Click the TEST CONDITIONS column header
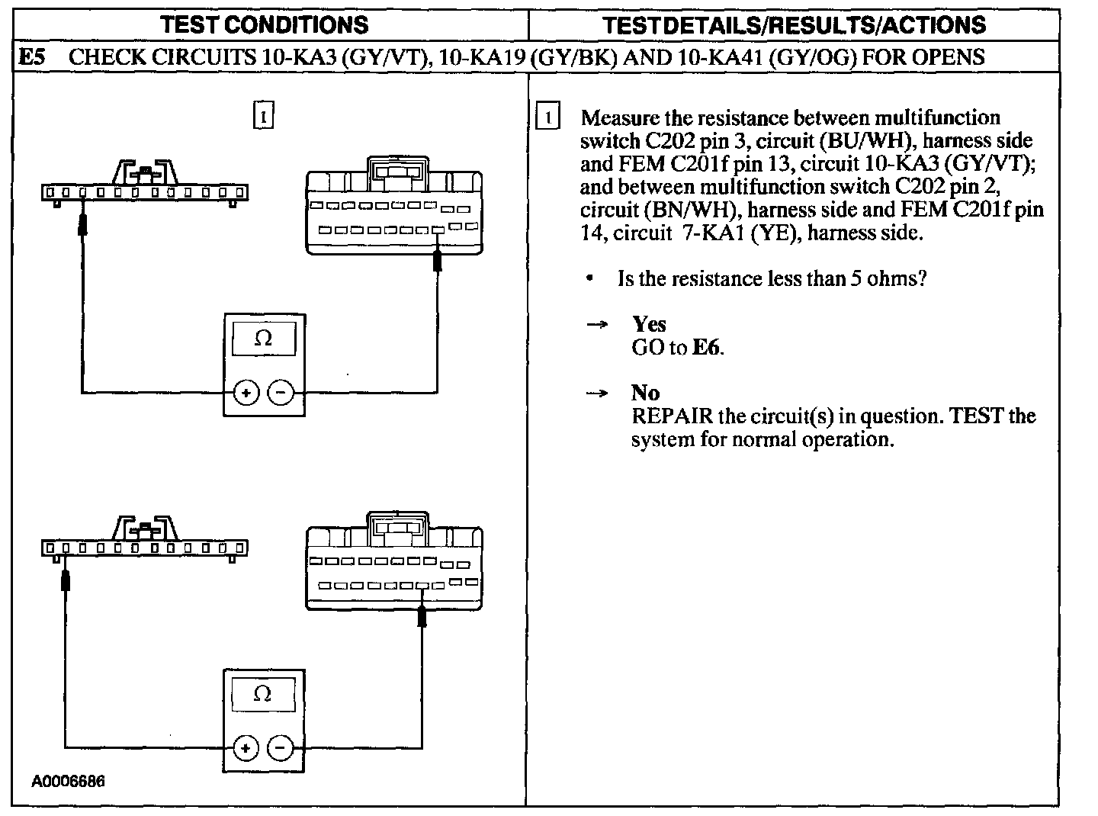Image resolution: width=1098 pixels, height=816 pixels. tap(265, 24)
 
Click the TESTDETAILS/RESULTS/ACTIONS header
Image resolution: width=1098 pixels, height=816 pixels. tap(794, 24)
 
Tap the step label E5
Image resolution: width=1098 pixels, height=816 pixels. tap(33, 56)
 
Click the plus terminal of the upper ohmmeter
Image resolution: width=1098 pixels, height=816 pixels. tap(246, 394)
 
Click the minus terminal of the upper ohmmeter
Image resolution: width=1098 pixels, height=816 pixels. tap(281, 394)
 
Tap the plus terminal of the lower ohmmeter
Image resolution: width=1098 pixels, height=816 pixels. tap(246, 748)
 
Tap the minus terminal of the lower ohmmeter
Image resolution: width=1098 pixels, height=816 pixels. tap(281, 748)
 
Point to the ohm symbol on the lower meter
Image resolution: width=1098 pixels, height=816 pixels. tap(262, 694)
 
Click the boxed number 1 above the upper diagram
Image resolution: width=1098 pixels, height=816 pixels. tap(263, 117)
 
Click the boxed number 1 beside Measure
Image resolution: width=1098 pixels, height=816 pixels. tap(547, 118)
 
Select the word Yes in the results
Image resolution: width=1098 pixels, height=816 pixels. tap(649, 325)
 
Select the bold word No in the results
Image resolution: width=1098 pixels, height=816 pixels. tap(645, 394)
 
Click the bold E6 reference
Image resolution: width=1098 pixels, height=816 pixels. tap(706, 348)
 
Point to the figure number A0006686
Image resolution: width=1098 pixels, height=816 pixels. tap(68, 782)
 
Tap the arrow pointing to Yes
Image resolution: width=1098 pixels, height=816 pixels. tap(597, 325)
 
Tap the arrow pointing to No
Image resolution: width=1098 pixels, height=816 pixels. tap(597, 394)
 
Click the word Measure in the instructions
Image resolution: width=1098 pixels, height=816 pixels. tap(619, 118)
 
